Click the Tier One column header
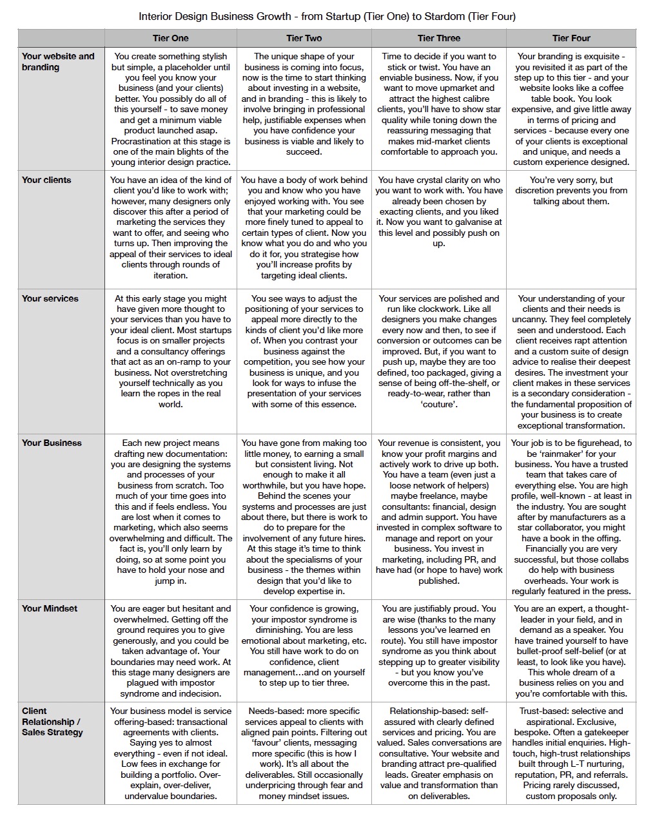[x=171, y=38]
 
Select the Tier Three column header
[x=438, y=38]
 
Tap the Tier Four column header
[x=571, y=38]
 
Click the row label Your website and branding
[x=58, y=61]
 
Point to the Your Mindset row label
[x=50, y=608]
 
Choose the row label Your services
[x=50, y=298]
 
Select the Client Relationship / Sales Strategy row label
[x=52, y=722]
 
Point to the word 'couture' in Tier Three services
[x=439, y=404]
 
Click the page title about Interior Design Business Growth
[x=327, y=16]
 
